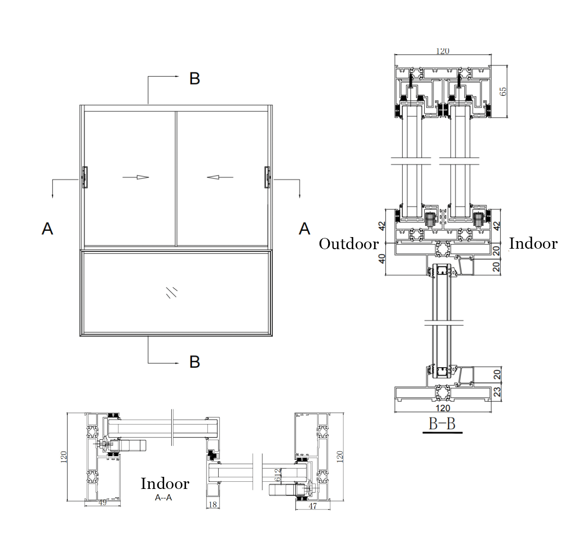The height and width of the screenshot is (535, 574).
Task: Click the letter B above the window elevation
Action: [194, 78]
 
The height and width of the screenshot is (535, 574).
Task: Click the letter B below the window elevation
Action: [194, 361]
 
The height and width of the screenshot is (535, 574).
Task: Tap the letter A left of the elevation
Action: [47, 229]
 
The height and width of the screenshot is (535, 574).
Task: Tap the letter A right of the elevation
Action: [304, 229]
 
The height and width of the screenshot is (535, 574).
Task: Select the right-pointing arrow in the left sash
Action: [136, 177]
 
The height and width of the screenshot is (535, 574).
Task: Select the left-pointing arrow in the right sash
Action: [219, 177]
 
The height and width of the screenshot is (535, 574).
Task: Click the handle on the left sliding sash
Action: [85, 177]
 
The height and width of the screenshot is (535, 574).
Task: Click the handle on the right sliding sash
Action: [267, 177]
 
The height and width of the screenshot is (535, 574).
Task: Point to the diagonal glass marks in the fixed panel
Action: [172, 292]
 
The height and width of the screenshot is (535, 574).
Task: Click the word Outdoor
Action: [349, 244]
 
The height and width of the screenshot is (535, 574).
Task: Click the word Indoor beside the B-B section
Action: [533, 243]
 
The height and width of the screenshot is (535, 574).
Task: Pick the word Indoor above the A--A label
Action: [165, 484]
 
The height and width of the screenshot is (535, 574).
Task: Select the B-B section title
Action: [442, 423]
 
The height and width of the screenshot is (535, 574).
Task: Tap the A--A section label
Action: [164, 497]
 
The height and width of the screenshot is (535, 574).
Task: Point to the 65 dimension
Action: [503, 91]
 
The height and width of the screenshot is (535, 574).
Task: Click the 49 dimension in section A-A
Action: [102, 502]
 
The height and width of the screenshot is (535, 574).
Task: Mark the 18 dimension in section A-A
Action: [213, 505]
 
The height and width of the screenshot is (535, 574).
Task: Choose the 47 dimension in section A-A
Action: [313, 506]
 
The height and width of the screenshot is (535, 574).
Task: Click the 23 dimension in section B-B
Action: [497, 392]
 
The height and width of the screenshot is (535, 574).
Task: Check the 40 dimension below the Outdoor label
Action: [382, 259]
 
